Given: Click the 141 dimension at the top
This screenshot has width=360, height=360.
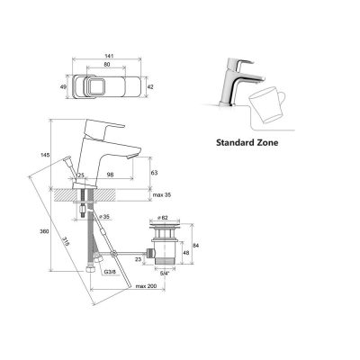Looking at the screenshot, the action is click(107, 56).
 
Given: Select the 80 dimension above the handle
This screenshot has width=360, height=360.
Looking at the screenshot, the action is click(107, 65).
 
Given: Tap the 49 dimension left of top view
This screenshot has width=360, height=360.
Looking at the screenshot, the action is click(63, 87).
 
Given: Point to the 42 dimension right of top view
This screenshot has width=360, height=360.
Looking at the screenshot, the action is click(150, 87).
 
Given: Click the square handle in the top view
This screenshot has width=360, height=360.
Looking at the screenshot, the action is click(94, 86).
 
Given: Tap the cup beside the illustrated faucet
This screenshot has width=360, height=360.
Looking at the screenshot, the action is click(267, 105).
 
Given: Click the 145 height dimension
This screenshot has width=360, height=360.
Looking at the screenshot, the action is click(46, 155).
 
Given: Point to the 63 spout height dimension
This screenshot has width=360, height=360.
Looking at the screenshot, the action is click(154, 173).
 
